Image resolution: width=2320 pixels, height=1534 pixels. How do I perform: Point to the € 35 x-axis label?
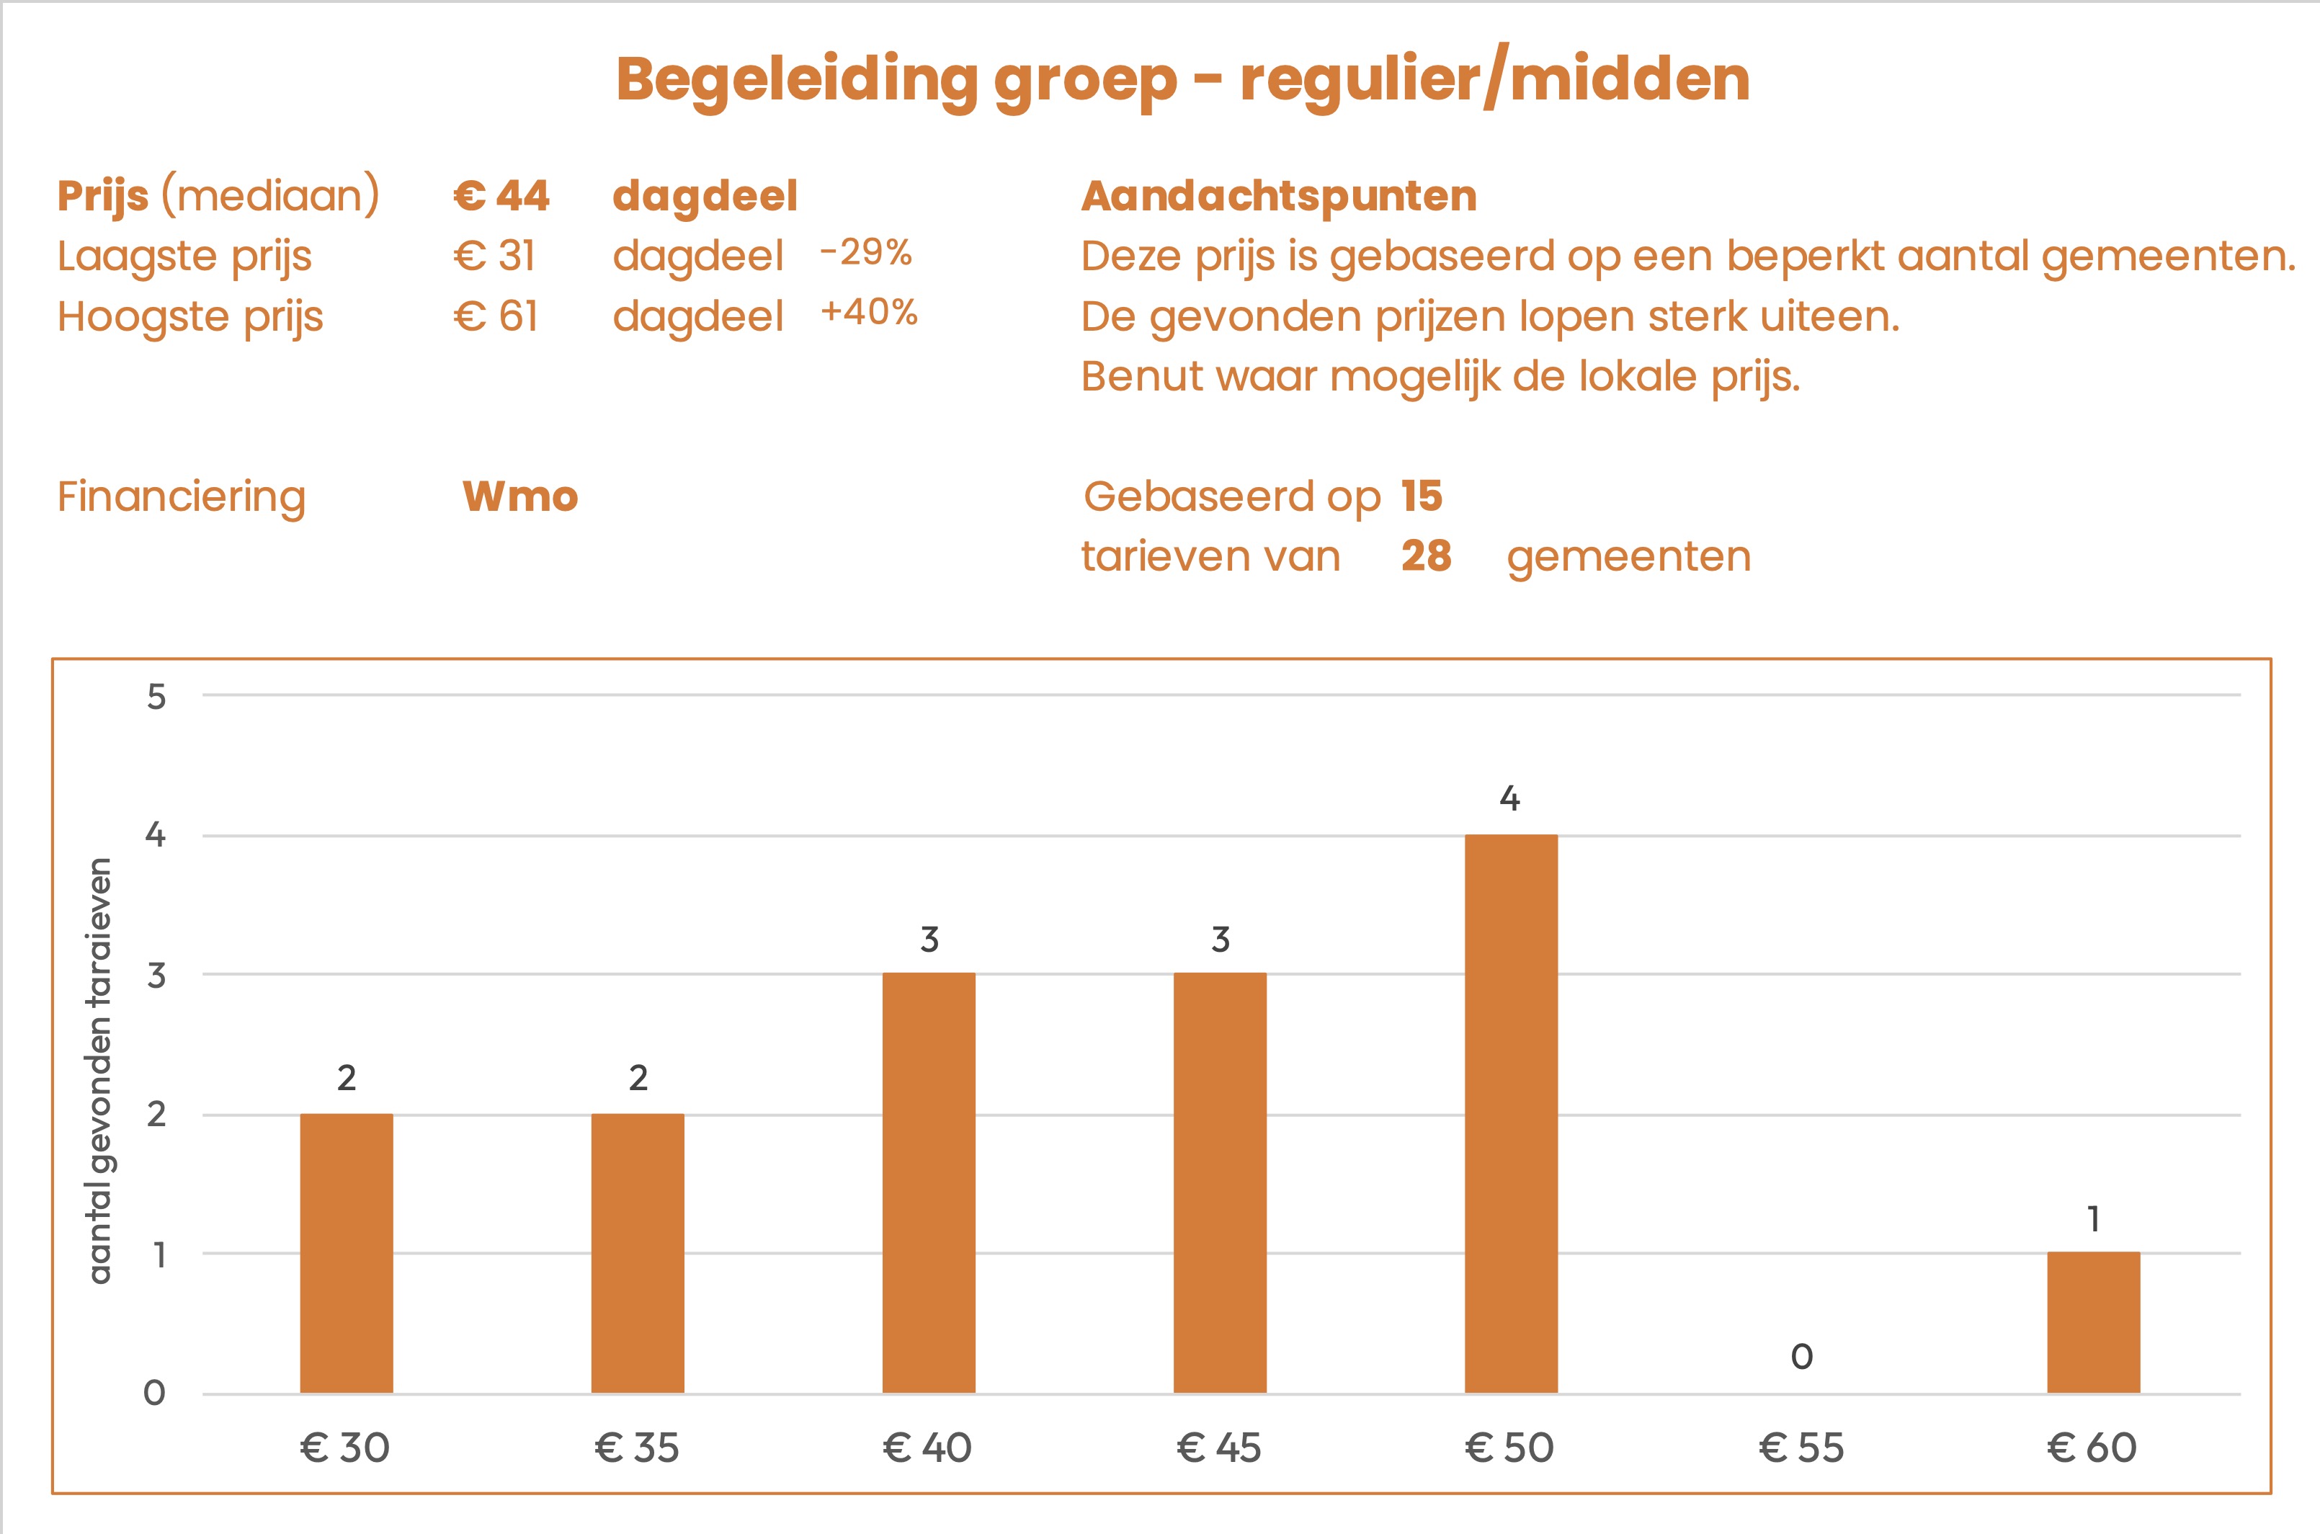pyautogui.click(x=637, y=1448)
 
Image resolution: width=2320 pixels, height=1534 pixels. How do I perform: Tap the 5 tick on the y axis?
pyautogui.click(x=156, y=697)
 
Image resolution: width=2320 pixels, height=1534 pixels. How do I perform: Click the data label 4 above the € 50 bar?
pyautogui.click(x=1509, y=799)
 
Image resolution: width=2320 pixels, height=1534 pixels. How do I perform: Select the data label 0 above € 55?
pyautogui.click(x=1802, y=1356)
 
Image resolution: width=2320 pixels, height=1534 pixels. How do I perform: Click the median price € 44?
pyautogui.click(x=501, y=196)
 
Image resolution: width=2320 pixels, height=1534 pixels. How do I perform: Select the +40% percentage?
pyautogui.click(x=868, y=312)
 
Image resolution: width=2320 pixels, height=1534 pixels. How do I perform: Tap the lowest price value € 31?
pyautogui.click(x=495, y=257)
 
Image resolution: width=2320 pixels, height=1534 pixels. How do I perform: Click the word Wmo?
pyautogui.click(x=520, y=497)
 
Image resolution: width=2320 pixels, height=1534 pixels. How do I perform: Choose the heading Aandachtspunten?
pyautogui.click(x=1278, y=196)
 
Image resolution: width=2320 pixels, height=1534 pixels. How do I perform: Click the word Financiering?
pyautogui.click(x=182, y=497)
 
